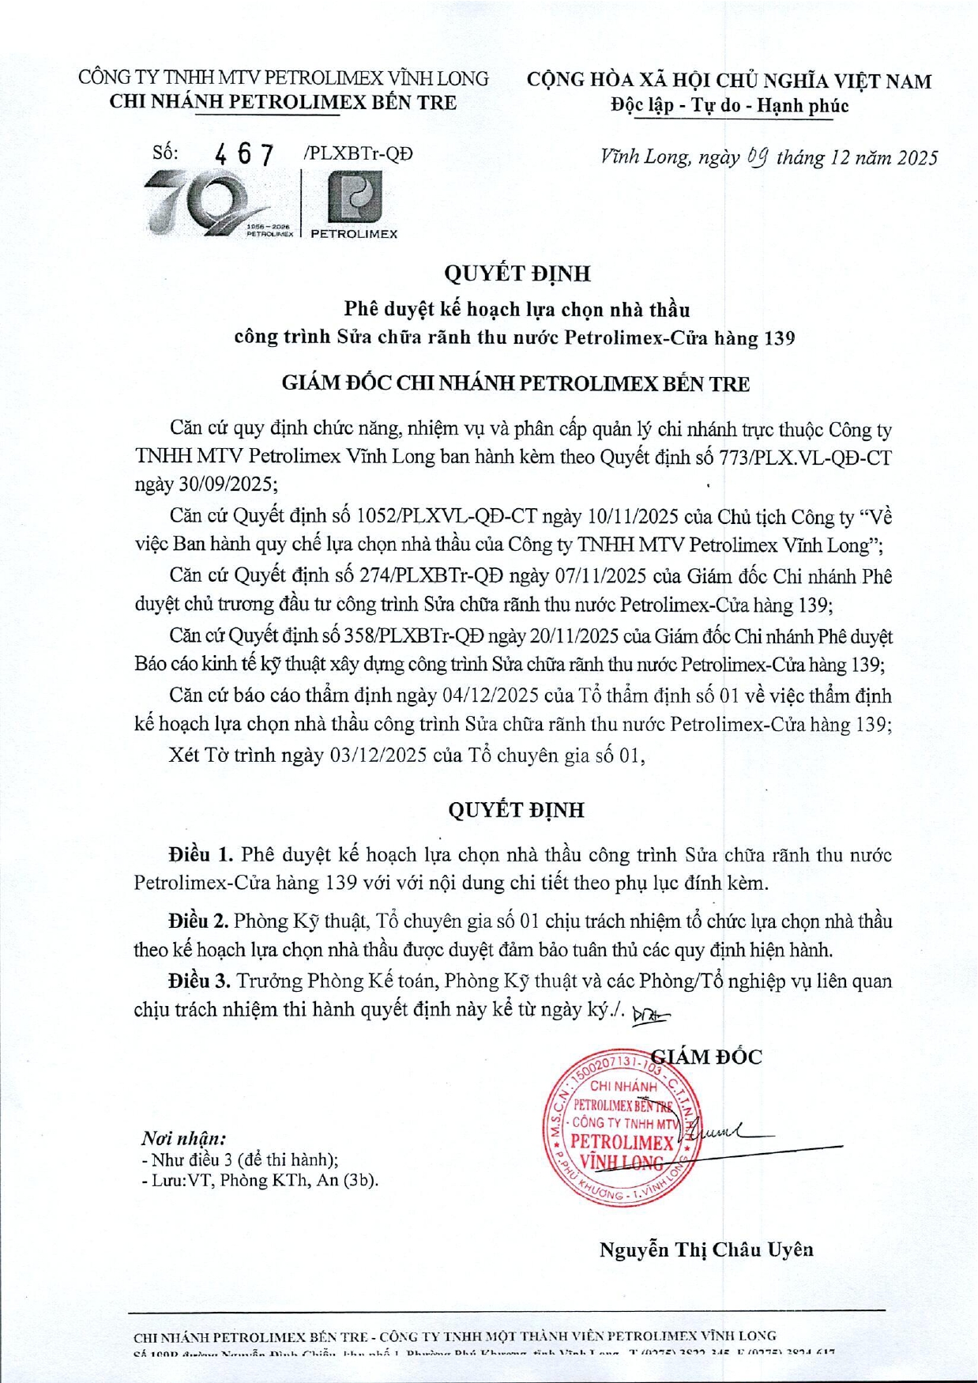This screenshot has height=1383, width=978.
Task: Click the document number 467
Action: pos(245,155)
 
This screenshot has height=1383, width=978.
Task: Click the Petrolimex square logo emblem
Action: pos(355,196)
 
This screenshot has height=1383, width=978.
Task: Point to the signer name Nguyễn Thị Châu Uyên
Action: pos(706,1249)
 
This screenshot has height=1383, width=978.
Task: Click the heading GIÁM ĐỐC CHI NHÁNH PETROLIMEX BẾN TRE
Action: pos(516,384)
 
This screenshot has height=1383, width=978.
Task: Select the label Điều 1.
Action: pos(200,854)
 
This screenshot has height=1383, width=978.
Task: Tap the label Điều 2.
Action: pos(197,921)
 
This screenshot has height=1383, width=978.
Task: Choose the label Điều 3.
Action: pos(198,981)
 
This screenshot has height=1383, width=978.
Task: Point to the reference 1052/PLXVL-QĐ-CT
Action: pos(447,517)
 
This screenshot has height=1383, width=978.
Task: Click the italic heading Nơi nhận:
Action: pos(183,1139)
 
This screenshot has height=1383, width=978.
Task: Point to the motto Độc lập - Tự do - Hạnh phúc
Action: pos(729,105)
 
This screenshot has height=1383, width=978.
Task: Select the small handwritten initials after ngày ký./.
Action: pos(651,1015)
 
